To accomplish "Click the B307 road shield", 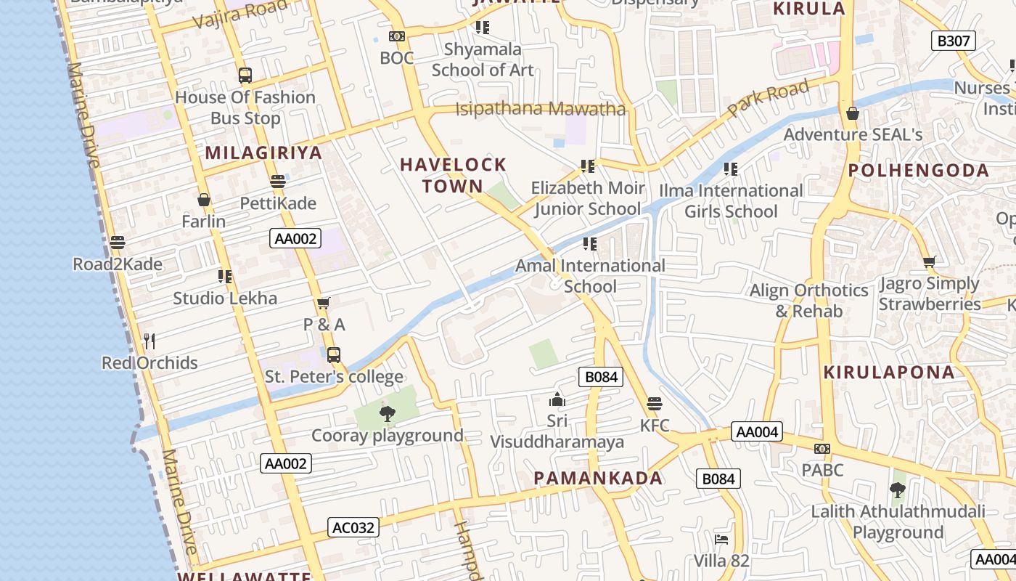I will [953, 41].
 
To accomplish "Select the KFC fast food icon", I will [655, 404].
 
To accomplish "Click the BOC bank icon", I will [397, 36].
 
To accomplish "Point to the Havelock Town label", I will [453, 175].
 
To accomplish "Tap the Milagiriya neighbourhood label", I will [263, 153].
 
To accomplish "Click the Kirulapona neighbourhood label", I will [889, 373].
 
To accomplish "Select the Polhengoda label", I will [919, 171].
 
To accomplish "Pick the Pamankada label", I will [598, 478].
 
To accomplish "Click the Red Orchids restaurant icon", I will [149, 341].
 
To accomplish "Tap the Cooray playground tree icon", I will [388, 414].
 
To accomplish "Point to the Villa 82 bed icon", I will [721, 540].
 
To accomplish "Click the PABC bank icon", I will [822, 449].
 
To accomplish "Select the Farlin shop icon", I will [204, 200].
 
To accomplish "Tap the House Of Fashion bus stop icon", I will [245, 75].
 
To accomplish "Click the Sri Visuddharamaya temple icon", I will [557, 399].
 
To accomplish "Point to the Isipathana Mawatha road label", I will [540, 110].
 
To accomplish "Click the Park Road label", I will [769, 99].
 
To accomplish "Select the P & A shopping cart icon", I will [324, 303].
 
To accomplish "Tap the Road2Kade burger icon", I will [118, 243].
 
